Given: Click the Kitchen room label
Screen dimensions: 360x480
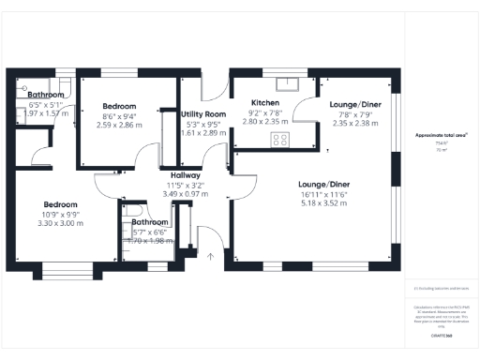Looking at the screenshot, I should click(x=265, y=102).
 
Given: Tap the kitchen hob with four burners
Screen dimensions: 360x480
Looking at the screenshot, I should click(x=279, y=140).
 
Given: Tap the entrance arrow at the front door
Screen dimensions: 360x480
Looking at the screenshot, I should click(x=210, y=254).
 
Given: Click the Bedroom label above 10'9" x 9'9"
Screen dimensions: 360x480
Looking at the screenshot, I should click(x=59, y=204).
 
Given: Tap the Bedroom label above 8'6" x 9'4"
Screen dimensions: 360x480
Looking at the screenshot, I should click(x=119, y=106).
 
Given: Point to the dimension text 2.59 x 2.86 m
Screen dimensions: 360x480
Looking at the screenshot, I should click(x=119, y=124).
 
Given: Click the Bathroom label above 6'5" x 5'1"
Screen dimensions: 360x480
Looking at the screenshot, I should click(x=45, y=96).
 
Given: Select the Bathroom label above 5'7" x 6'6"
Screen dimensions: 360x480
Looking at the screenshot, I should click(x=150, y=222).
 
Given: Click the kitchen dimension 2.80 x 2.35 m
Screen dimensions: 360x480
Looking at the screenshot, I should click(x=265, y=121).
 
